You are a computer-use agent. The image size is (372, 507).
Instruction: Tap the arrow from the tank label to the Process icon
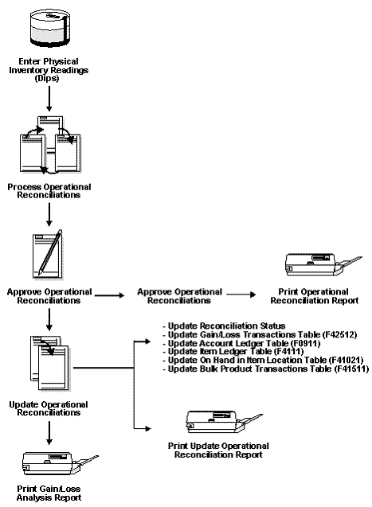click(49, 98)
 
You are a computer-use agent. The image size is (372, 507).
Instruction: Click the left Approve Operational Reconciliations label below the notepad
click(49, 296)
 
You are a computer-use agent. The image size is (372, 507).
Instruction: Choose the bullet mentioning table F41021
click(243, 361)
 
